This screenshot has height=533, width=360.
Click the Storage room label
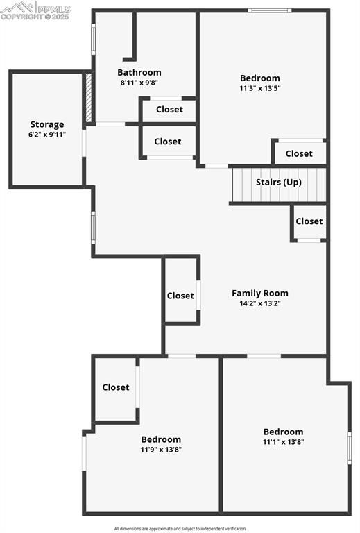pyautogui.click(x=47, y=124)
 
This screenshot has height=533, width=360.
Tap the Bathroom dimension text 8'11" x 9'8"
pyautogui.click(x=139, y=83)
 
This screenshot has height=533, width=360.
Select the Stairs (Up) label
pyautogui.click(x=279, y=183)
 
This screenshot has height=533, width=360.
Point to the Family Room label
pyautogui.click(x=260, y=293)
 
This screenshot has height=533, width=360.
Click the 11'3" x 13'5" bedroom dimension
pyautogui.click(x=260, y=88)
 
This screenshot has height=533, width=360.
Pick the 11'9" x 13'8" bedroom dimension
pyautogui.click(x=162, y=450)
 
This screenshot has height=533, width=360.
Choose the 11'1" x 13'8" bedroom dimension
pyautogui.click(x=283, y=442)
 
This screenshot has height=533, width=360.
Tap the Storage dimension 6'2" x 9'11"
pyautogui.click(x=47, y=134)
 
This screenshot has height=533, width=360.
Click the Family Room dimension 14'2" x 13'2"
pyautogui.click(x=260, y=303)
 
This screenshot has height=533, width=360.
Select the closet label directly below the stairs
pyautogui.click(x=309, y=221)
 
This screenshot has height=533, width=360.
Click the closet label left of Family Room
pyautogui.click(x=180, y=296)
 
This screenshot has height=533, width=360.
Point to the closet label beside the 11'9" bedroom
pyautogui.click(x=116, y=387)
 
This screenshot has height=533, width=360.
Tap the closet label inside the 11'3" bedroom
pyautogui.click(x=299, y=153)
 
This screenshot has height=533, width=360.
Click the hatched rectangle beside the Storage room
pyautogui.click(x=89, y=98)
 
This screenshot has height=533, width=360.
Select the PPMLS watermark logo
pyautogui.click(x=35, y=11)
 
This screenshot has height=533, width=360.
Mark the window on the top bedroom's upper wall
pyautogui.click(x=270, y=10)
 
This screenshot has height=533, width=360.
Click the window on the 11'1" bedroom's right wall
pyautogui.click(x=349, y=448)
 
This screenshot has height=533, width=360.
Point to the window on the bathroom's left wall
pyautogui.click(x=94, y=39)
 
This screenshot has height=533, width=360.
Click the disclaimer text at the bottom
pyautogui.click(x=180, y=529)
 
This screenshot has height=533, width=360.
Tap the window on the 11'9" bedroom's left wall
pyautogui.click(x=84, y=453)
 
